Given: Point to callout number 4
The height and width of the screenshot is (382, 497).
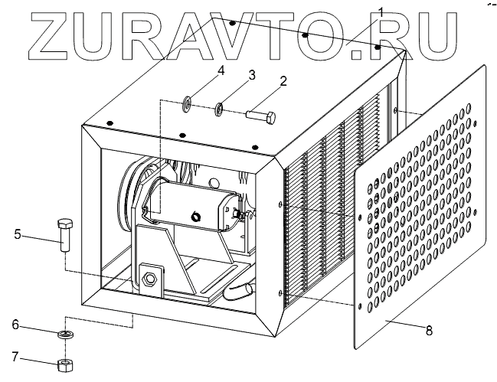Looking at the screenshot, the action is (x=221, y=70).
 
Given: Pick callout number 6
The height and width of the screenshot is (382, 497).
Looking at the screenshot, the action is (x=15, y=325).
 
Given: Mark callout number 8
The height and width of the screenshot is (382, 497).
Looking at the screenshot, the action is (x=428, y=331).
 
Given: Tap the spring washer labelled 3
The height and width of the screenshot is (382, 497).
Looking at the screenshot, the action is (x=218, y=109).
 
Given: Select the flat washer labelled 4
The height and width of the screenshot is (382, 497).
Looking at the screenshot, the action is (x=188, y=103).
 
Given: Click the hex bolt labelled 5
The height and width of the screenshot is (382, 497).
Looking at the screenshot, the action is (x=64, y=233).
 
